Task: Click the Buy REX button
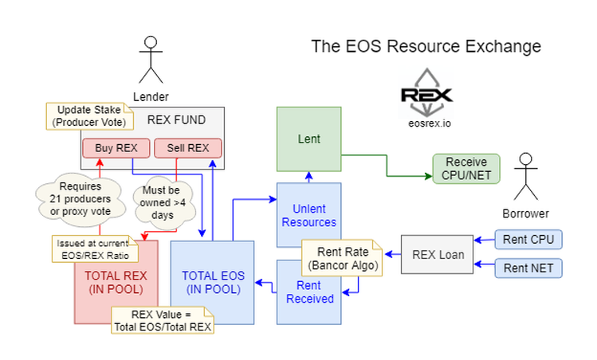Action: click(x=116, y=148)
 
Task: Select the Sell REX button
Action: click(x=188, y=148)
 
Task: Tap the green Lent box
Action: click(x=308, y=139)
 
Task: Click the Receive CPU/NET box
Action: click(x=465, y=169)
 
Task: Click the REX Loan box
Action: click(x=435, y=255)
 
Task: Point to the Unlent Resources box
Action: click(x=308, y=211)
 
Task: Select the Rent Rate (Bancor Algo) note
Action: click(x=340, y=256)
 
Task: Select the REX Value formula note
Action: click(x=161, y=319)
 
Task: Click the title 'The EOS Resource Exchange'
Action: click(x=426, y=46)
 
